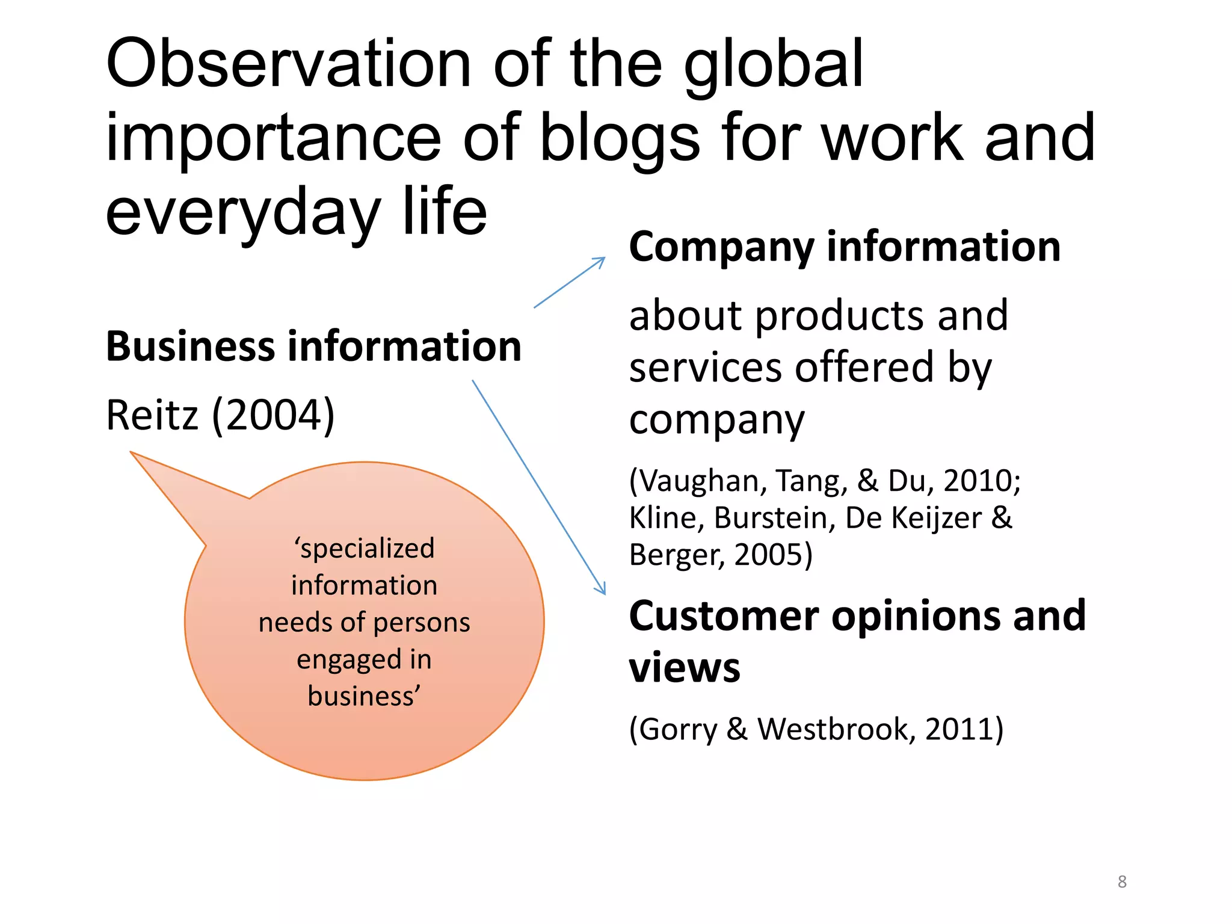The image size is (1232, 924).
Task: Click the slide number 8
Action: coord(1122,882)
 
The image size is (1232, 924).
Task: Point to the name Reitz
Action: coord(152,415)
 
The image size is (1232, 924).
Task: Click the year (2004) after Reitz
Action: coord(274,415)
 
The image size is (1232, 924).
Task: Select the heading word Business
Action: coord(190,346)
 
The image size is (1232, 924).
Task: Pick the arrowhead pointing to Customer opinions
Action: coord(602,590)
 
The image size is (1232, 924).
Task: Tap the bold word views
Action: coord(685,668)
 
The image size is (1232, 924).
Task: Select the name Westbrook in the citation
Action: coord(836,729)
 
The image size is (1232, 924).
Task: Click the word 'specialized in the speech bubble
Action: coord(364,549)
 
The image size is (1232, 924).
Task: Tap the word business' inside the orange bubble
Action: coord(364,697)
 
